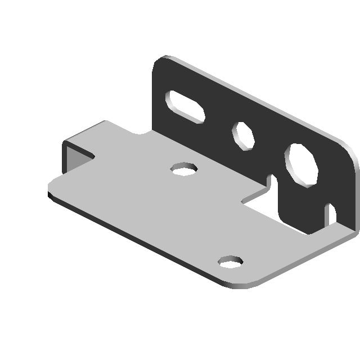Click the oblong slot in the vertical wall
click(184, 106)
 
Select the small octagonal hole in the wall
click(244, 136)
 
